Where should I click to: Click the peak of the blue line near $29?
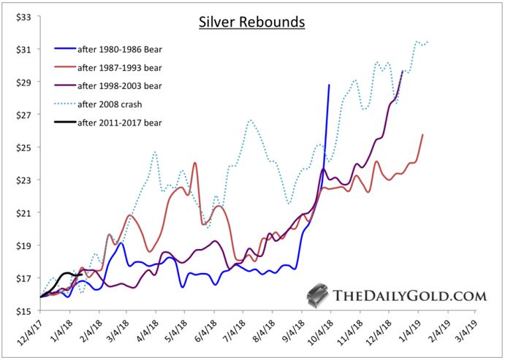click(x=329, y=85)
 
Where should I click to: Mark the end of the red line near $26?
click(x=422, y=135)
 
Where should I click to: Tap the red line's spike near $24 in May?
click(x=195, y=163)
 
